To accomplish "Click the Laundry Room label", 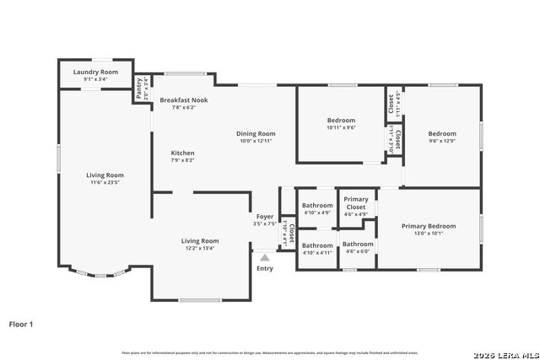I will [95, 73].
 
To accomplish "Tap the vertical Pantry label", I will [139, 83].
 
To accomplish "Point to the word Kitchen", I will [183, 153].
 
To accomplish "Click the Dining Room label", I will [255, 133].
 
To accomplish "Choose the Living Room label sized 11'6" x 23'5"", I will [105, 175].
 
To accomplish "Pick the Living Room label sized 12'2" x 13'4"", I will [200, 241].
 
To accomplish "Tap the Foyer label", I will [265, 217].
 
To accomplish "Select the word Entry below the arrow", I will [265, 268].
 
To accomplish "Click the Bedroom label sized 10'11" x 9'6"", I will [341, 121].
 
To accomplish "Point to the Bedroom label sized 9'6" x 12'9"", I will [441, 133].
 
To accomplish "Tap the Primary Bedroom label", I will [429, 226].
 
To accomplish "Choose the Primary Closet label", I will [356, 203].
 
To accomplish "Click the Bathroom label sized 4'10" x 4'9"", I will [317, 205].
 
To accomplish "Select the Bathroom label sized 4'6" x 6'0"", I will [358, 244].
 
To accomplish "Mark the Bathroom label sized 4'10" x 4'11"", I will [317, 245].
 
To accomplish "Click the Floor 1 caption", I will [21, 323].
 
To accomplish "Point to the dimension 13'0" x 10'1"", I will [429, 234].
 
